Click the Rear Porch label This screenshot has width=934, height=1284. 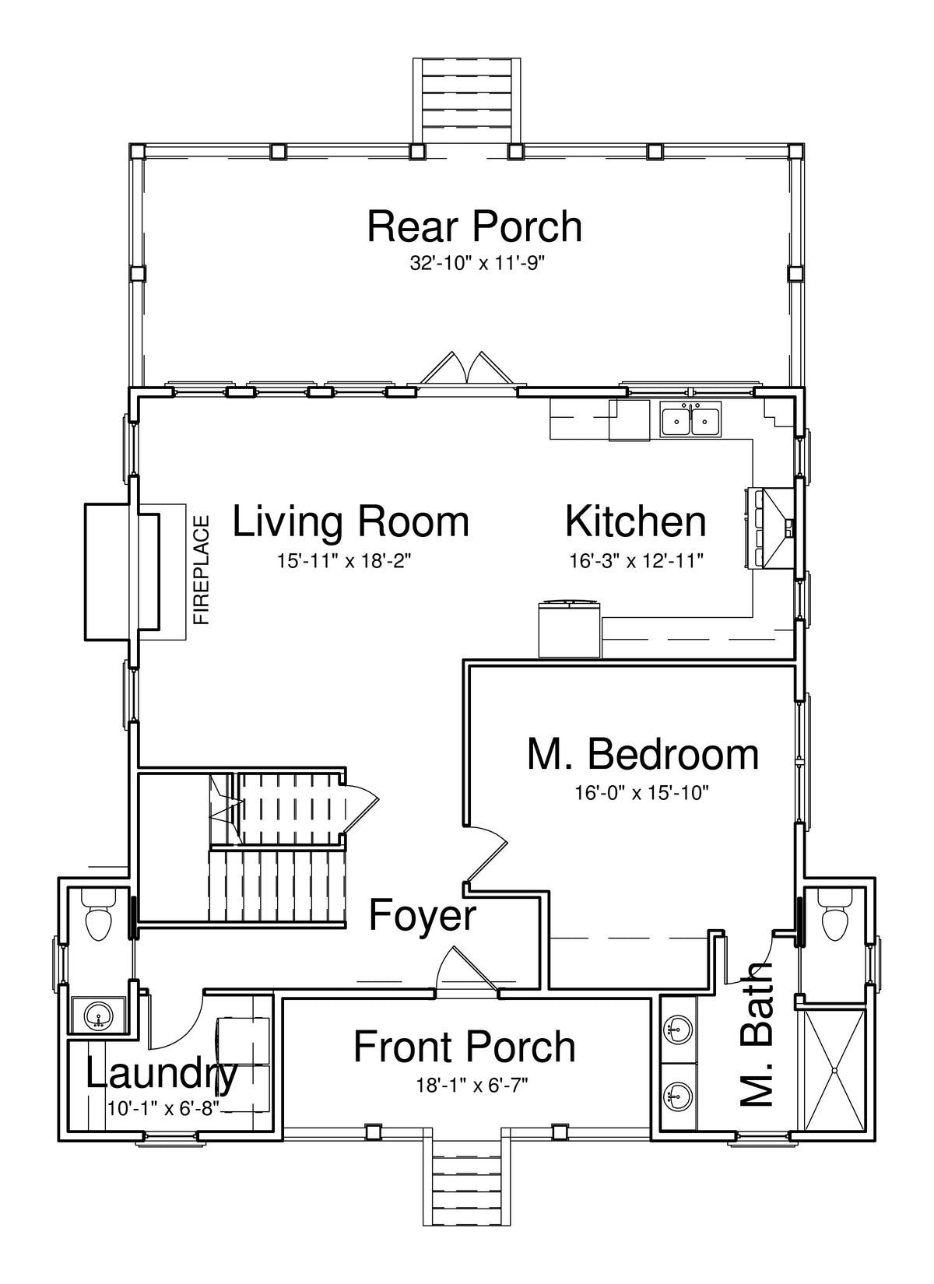click(474, 226)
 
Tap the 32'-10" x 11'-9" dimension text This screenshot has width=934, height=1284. click(476, 264)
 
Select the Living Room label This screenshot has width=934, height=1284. click(350, 521)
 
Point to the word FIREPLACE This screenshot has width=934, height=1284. click(202, 570)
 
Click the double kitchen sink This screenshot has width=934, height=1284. click(690, 419)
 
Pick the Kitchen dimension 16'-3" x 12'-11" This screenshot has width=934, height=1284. click(636, 560)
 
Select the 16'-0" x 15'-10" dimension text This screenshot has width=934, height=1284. click(642, 793)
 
